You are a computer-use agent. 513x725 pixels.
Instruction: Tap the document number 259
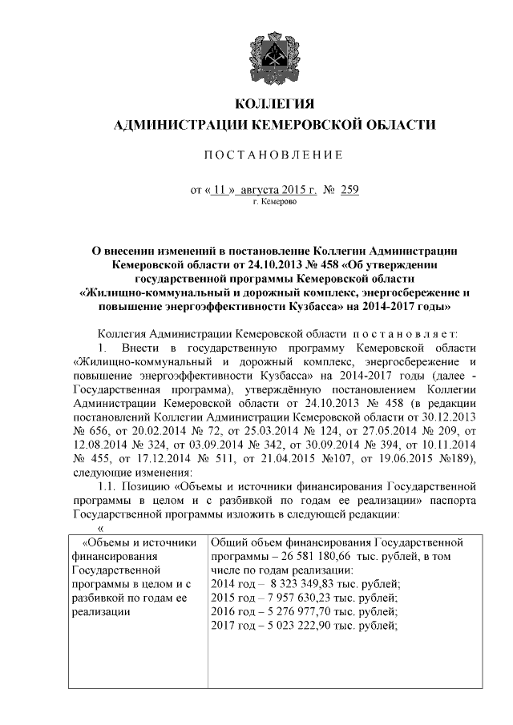(349, 191)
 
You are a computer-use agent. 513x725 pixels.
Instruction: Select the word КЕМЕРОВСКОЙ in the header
(311, 125)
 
